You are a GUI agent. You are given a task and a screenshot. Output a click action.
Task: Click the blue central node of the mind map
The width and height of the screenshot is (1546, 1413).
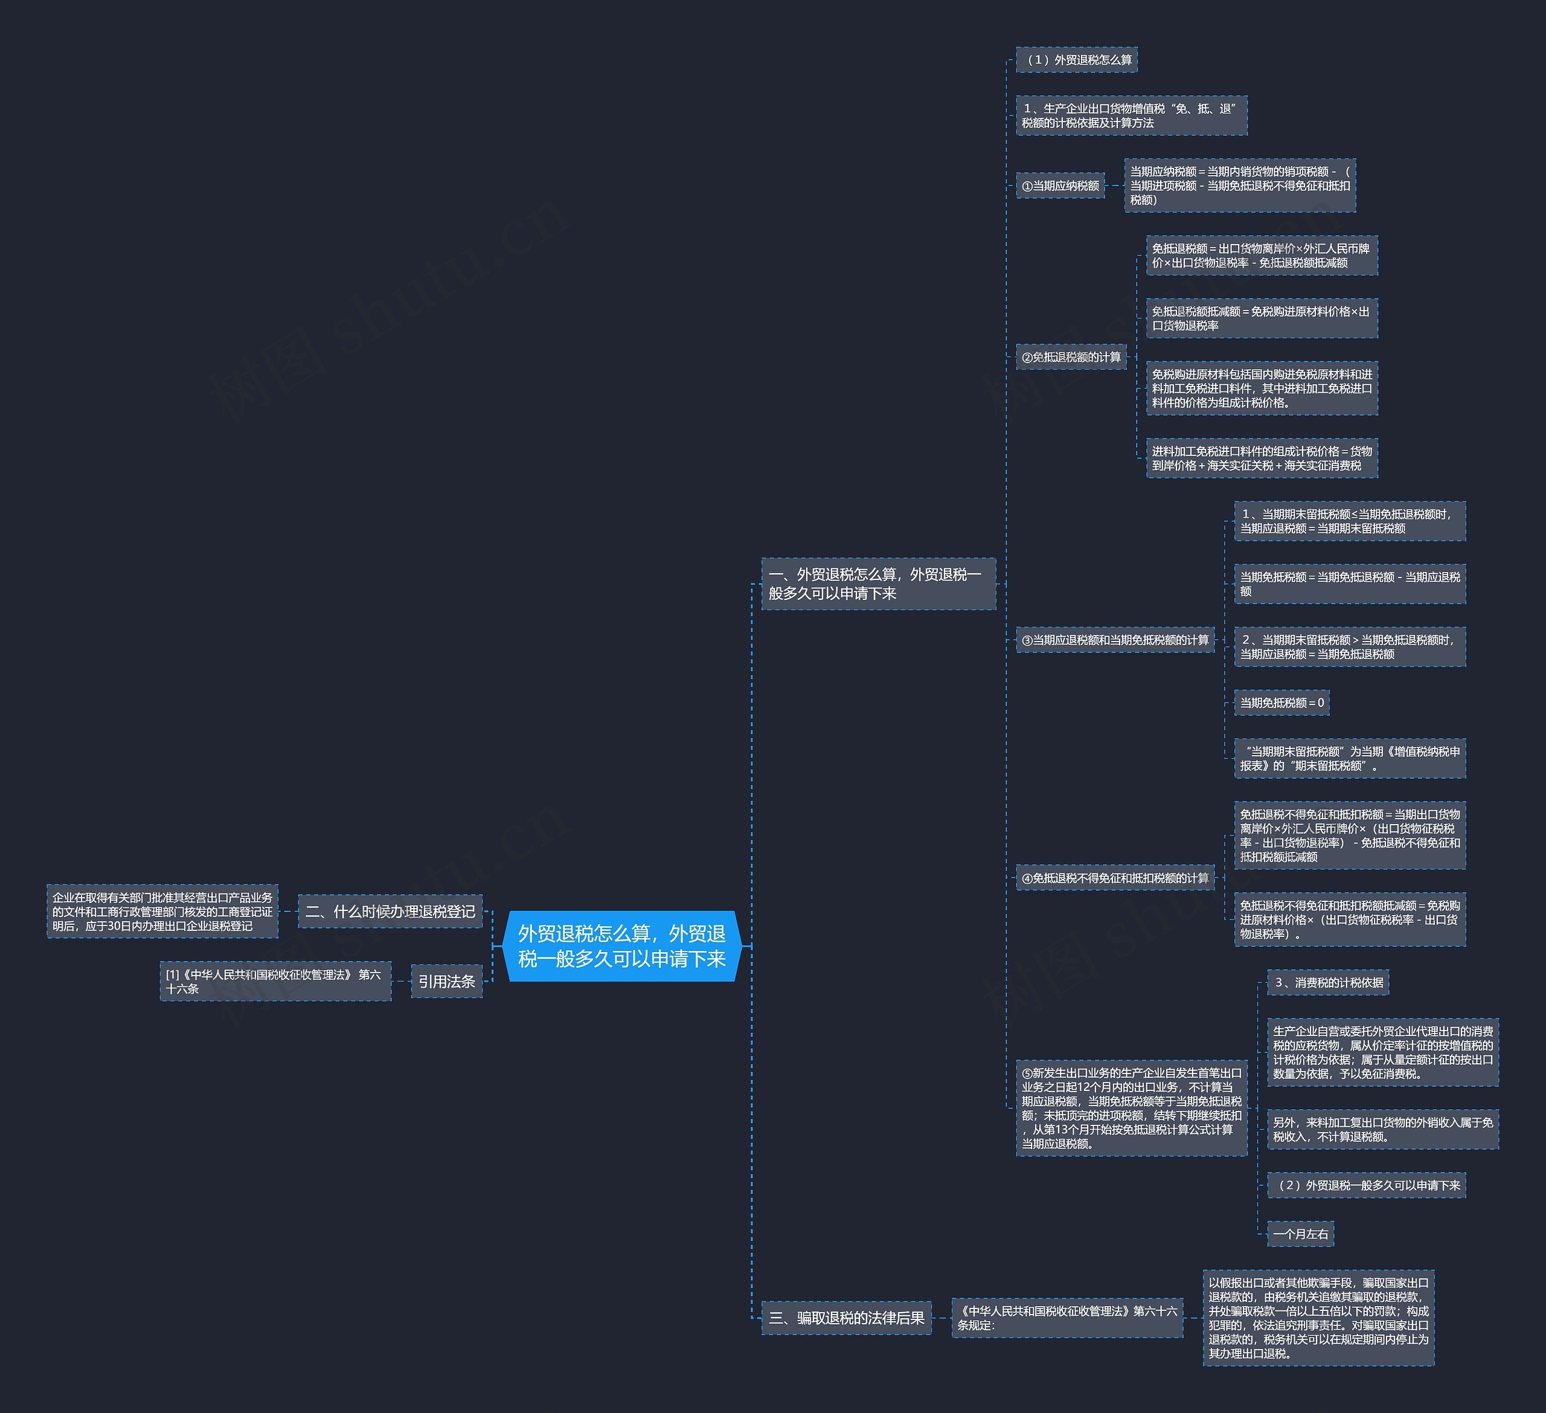coord(621,946)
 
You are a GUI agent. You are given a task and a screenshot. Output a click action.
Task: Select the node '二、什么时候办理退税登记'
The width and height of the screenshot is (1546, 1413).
coord(390,912)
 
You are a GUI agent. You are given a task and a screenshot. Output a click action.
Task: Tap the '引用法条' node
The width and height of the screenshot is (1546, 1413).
coord(446,981)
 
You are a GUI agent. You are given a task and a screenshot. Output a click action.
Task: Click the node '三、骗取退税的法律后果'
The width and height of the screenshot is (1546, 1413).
coord(846,1318)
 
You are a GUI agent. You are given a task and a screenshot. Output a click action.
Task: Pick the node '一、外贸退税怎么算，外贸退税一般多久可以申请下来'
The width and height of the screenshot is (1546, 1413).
coord(877,584)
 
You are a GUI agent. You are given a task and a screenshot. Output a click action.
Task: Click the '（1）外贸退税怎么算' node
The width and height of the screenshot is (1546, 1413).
coord(1076,60)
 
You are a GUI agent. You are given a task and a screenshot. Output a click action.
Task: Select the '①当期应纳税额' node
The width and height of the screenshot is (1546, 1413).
coord(1060,185)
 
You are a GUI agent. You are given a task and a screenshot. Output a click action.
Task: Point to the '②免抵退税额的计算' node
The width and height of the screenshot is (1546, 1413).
coord(1071,358)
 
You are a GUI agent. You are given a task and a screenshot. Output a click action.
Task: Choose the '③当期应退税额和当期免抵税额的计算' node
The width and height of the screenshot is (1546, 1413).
coord(1114,640)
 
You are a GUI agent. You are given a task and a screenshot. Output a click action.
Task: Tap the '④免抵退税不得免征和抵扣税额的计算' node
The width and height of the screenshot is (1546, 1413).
coord(1114,878)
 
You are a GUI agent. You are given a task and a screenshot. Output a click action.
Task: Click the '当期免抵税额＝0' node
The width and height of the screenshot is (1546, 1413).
coord(1281,703)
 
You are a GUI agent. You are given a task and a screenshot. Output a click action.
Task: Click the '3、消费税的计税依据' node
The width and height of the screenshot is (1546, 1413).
coord(1327,983)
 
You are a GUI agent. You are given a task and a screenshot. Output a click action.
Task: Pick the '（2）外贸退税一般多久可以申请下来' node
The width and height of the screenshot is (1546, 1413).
coord(1366,1185)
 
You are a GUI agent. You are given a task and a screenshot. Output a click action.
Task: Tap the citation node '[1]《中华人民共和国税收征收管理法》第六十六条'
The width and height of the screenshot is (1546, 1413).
coord(275,981)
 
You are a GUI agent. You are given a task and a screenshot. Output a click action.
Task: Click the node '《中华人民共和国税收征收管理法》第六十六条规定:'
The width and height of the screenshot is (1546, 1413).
coord(1066,1318)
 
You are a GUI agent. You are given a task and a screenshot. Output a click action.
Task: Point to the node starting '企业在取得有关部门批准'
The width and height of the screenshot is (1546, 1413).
coord(162,912)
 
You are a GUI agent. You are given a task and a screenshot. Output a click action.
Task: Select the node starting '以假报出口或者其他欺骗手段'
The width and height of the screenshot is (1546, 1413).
coord(1318,1318)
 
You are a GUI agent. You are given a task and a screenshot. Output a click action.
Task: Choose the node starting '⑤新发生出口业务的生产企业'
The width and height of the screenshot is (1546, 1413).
coord(1131,1108)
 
